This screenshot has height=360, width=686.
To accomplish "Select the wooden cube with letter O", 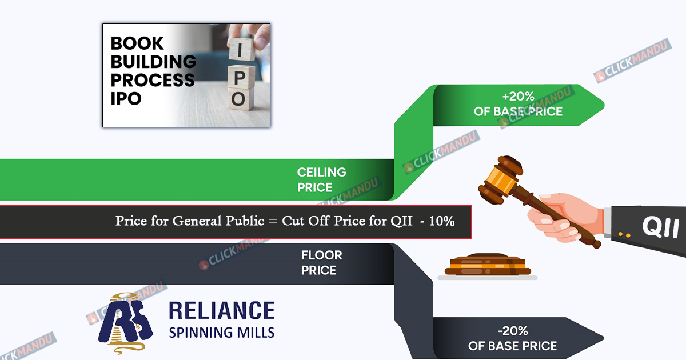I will pyautogui.click(x=239, y=99).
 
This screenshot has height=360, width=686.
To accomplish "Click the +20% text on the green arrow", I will pyautogui.click(x=519, y=96).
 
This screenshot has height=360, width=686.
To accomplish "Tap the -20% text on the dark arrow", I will pyautogui.click(x=512, y=331).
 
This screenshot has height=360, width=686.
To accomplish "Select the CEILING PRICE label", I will pyautogui.click(x=321, y=179).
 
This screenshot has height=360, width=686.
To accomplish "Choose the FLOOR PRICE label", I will pyautogui.click(x=322, y=262).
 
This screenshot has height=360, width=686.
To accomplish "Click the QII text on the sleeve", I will pyautogui.click(x=660, y=227).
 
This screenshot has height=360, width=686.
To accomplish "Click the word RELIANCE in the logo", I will pyautogui.click(x=222, y=311).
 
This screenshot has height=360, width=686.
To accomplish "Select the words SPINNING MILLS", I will pyautogui.click(x=222, y=332).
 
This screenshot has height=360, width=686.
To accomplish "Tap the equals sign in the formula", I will pyautogui.click(x=274, y=221).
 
